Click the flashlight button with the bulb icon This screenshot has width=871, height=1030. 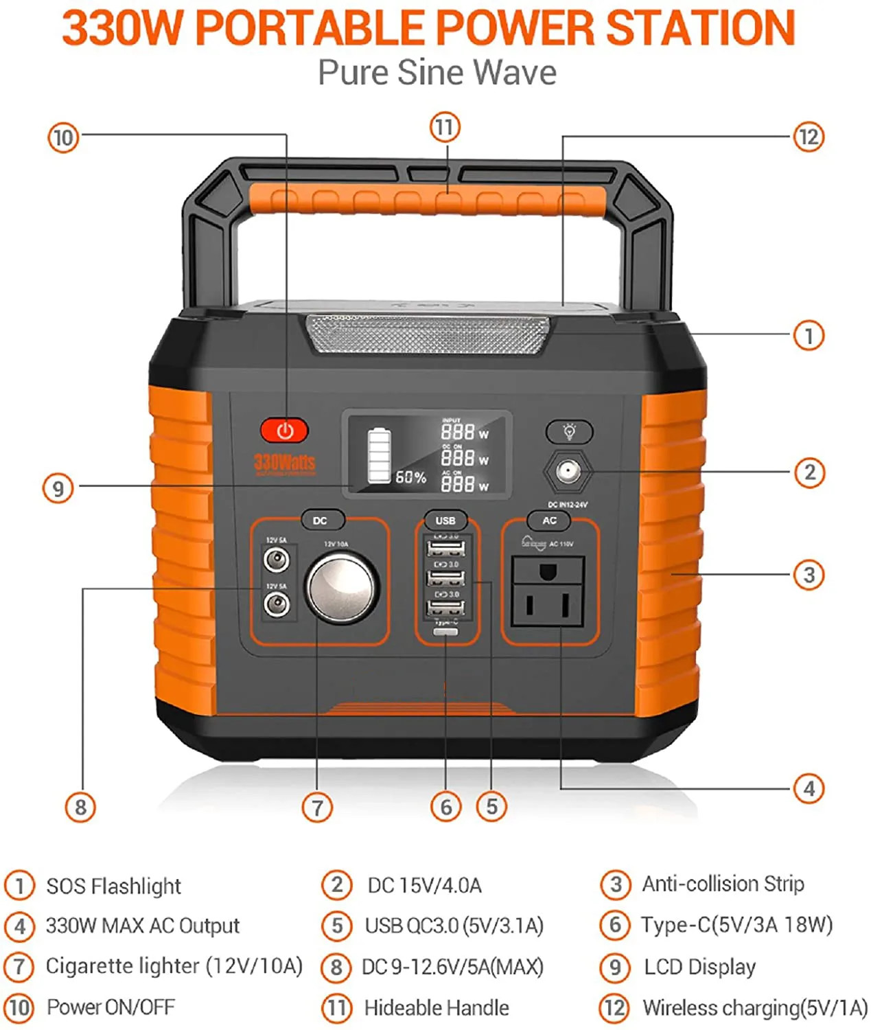569,431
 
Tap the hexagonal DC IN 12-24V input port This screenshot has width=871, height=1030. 567,472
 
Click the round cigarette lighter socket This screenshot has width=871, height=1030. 341,588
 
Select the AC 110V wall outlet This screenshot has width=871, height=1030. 548,591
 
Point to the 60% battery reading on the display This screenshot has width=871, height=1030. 410,477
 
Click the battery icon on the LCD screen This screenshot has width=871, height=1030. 379,456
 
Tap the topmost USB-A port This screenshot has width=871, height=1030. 445,549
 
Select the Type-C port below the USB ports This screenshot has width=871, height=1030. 445,631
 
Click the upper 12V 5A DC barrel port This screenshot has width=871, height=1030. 277,560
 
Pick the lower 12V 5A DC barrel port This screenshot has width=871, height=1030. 277,604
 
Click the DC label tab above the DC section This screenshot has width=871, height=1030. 320,520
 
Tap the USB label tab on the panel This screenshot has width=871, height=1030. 445,520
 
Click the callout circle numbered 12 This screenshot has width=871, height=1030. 809,137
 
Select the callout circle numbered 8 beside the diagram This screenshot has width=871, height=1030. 80,807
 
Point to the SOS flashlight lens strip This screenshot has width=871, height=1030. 429,335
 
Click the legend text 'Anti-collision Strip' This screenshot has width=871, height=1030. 723,884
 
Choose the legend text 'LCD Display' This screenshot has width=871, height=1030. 699,967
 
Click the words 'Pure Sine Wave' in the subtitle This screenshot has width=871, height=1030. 437,73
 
